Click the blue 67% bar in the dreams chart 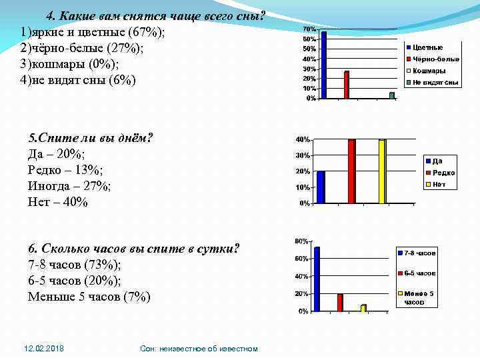point(324,65)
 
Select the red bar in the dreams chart point(347,85)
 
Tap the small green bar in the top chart point(392,95)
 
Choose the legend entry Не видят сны point(435,83)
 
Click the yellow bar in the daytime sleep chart point(382,171)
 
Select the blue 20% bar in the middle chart point(321,187)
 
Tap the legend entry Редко point(443,173)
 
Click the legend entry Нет point(439,185)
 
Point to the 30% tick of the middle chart point(303,155)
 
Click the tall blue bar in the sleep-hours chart point(317,279)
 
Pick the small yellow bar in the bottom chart point(363,308)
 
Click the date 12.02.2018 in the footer point(44,349)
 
